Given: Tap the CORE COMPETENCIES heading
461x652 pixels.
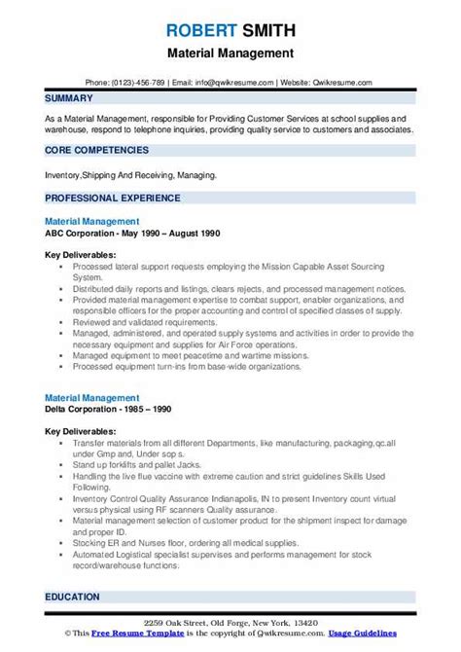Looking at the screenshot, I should click(96, 150).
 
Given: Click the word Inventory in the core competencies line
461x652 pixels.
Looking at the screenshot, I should click(66, 175).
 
